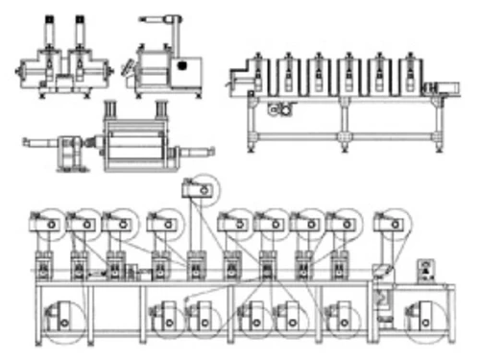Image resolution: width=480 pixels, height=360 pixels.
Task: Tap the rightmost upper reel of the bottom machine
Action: pos(388,224)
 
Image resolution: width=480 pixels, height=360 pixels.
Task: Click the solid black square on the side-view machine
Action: pos(180,67)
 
